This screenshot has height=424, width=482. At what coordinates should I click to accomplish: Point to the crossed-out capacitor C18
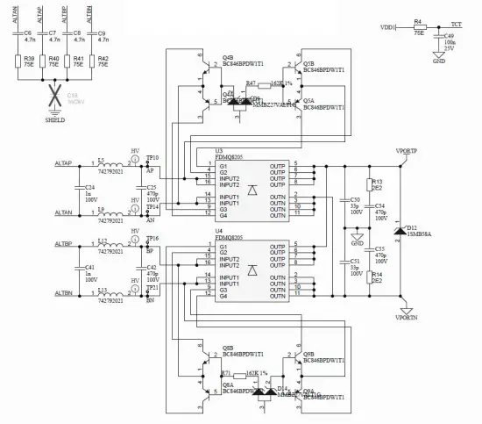pos(53,96)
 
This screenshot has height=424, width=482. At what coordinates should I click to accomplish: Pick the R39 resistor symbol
pos(17,63)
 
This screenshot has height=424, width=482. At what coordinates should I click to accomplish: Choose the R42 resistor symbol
pos(90,63)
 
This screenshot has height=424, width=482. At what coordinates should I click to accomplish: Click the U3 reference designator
pos(219,150)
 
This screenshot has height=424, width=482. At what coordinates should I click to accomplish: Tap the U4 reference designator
pos(219,231)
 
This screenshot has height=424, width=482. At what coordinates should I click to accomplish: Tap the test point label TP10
pos(152,158)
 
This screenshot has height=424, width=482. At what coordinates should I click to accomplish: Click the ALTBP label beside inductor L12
pos(63,244)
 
